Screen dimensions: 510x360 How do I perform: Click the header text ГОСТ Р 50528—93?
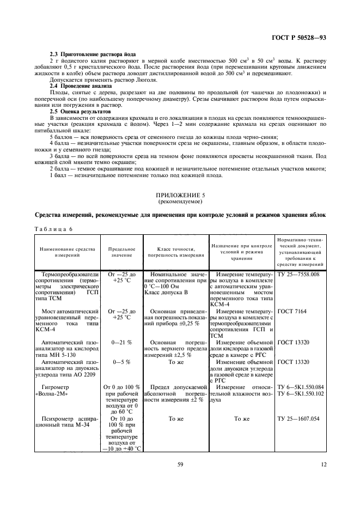coord(302,38)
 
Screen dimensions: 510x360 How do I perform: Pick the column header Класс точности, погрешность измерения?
coord(174,251)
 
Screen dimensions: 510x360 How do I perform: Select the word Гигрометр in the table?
coord(58,386)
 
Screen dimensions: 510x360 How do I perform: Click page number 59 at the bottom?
coord(180,465)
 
